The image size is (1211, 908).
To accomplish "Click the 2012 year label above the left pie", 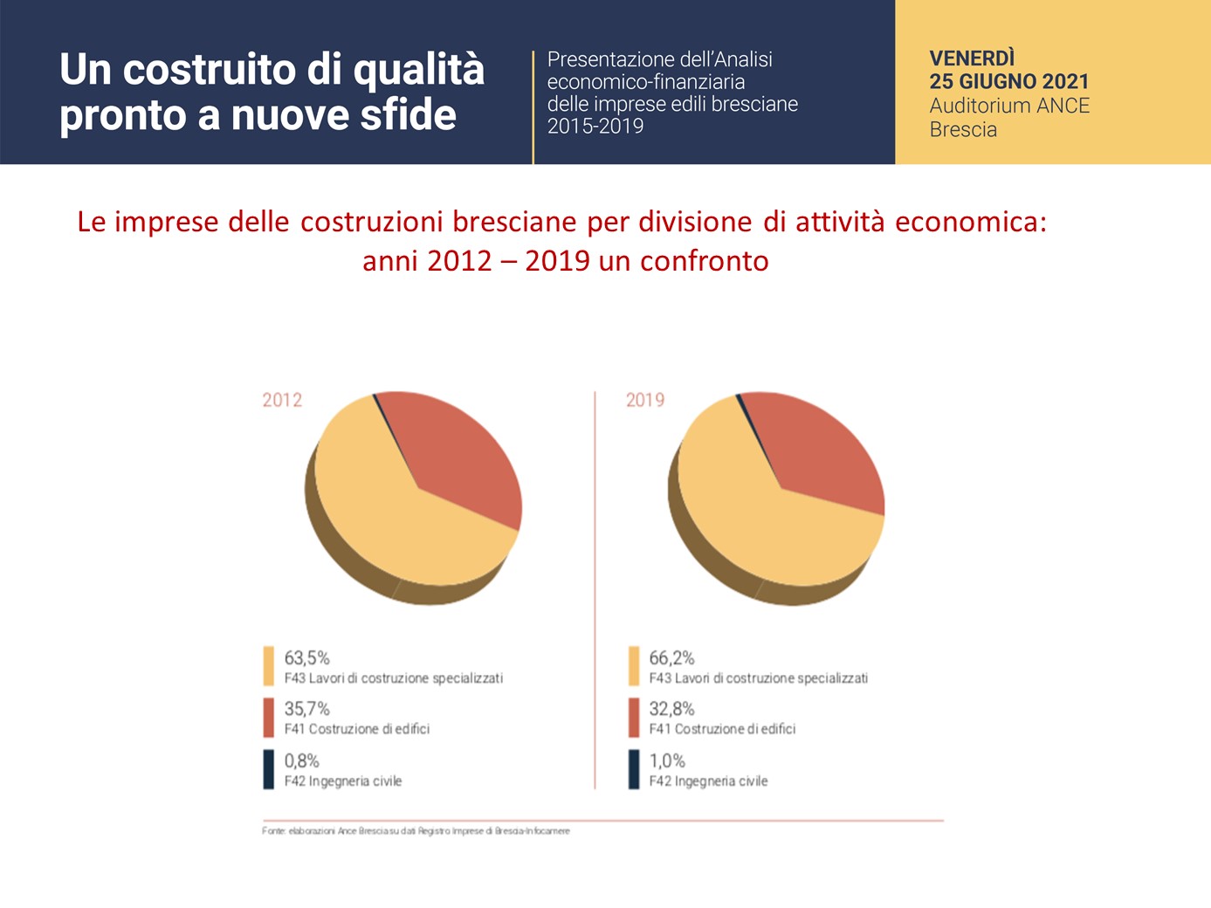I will point(282,400).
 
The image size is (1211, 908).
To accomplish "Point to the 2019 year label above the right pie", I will point(645,400).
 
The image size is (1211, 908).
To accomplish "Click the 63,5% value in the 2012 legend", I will point(306,657).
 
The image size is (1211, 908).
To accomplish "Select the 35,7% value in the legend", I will point(306,708).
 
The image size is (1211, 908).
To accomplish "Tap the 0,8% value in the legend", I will point(302,760).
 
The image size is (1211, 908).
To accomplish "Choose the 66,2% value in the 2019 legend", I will point(671,657).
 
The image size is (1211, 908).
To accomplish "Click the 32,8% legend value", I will point(671,708).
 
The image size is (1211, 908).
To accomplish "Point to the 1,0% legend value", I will point(667,760).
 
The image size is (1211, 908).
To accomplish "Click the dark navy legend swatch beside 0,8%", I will point(269,769).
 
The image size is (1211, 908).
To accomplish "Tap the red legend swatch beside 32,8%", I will point(634,718).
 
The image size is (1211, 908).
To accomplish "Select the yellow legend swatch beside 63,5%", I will point(269,666).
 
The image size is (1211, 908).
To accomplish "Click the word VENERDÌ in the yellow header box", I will point(972,58).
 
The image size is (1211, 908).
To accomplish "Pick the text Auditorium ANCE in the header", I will point(1009,106).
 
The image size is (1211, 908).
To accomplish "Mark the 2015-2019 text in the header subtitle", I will point(595,126).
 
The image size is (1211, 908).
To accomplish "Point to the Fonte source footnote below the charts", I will point(416,830).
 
